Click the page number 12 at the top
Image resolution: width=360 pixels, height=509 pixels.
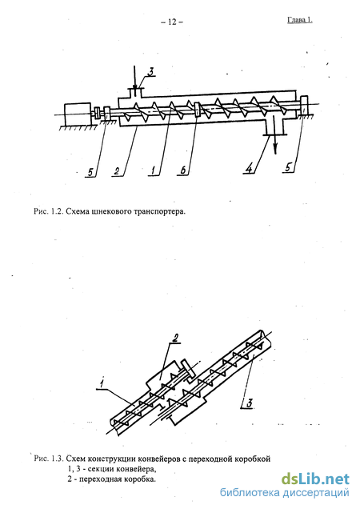click(x=172, y=22)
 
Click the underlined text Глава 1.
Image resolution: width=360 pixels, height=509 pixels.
click(x=300, y=20)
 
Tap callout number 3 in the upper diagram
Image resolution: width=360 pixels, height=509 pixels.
click(x=150, y=72)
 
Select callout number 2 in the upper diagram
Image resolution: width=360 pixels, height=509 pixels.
click(x=116, y=170)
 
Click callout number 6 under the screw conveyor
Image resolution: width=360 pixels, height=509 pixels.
click(x=183, y=170)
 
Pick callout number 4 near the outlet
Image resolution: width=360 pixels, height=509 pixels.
click(x=248, y=169)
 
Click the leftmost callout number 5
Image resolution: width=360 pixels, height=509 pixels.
click(x=91, y=171)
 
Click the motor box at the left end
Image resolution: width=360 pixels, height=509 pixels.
click(x=78, y=114)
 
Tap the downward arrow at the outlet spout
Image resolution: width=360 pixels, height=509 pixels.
click(x=275, y=134)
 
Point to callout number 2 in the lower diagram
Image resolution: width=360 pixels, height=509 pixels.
click(x=174, y=339)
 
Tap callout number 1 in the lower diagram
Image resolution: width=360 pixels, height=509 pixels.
click(x=102, y=384)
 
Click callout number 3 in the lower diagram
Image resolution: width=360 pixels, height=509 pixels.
click(x=249, y=403)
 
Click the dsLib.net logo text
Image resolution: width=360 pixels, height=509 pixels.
click(x=315, y=479)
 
